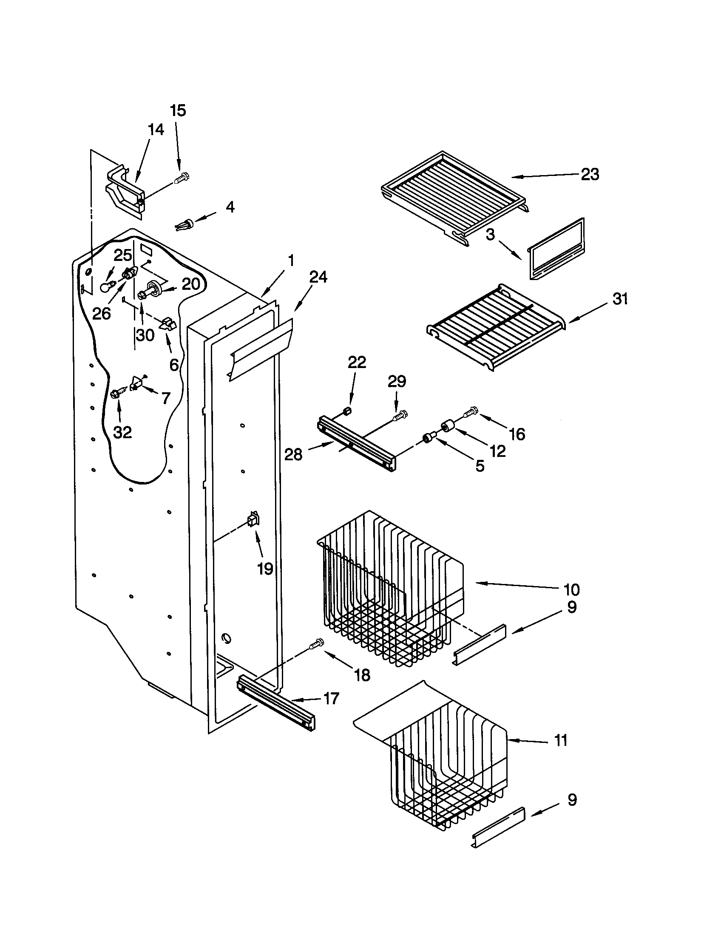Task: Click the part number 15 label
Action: click(x=178, y=110)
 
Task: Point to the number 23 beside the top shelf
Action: click(x=590, y=174)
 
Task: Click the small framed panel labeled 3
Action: click(x=556, y=249)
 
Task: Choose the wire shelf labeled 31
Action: click(x=496, y=327)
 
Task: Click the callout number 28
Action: click(x=293, y=455)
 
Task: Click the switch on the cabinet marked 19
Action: click(x=253, y=520)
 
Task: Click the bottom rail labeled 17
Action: click(x=276, y=703)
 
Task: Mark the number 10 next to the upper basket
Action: click(x=572, y=589)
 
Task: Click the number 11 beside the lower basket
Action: click(x=560, y=740)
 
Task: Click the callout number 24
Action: click(x=318, y=277)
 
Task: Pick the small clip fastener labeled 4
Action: click(x=184, y=224)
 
